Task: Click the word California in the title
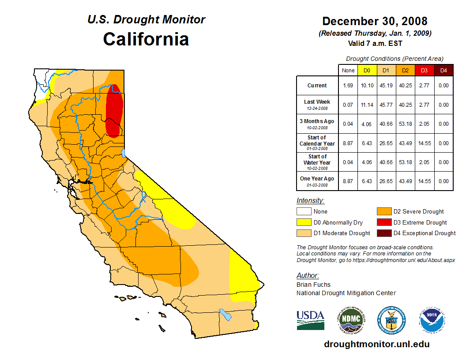click(146, 39)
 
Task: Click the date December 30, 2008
click(375, 21)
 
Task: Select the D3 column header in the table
click(424, 71)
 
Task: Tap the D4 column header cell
click(443, 71)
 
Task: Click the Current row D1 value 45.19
click(385, 86)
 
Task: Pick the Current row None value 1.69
click(348, 86)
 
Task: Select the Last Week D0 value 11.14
click(367, 105)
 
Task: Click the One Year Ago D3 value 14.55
click(424, 181)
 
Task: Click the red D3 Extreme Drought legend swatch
click(383, 222)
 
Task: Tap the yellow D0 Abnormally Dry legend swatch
click(304, 222)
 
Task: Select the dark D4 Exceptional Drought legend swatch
click(383, 233)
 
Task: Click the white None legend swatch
click(304, 212)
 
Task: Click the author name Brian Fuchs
click(313, 285)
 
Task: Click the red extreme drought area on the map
click(115, 110)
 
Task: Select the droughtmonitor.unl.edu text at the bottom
click(376, 344)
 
